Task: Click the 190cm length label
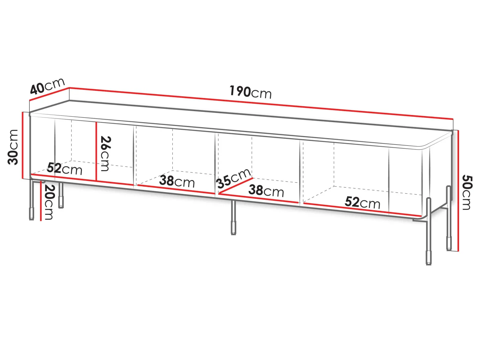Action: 250,92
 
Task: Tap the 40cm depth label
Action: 47,86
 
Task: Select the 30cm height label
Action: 13,147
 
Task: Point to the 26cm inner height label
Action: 106,154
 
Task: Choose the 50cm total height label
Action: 467,192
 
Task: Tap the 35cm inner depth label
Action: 234,178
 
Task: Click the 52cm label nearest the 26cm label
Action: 65,169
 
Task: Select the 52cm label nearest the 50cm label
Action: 362,202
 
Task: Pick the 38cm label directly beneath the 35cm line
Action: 266,190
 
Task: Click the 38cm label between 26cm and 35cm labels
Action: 177,181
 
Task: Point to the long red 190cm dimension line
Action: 261,103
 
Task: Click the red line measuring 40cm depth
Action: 49,94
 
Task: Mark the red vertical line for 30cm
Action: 22,145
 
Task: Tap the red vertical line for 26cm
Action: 96,151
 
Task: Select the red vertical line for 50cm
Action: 458,190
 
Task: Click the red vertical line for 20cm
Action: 41,201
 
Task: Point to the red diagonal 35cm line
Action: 236,186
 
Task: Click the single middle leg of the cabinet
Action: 234,218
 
